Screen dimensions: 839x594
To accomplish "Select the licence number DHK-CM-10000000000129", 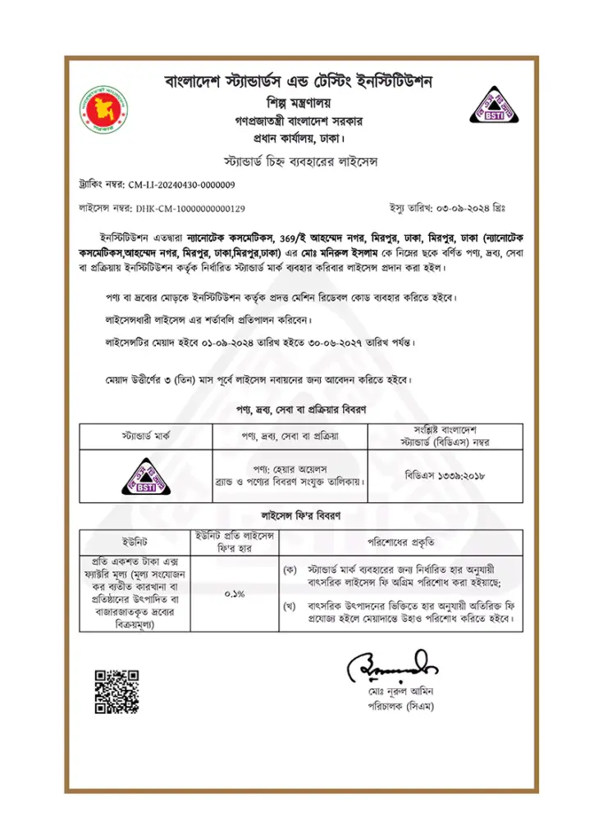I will [190, 209].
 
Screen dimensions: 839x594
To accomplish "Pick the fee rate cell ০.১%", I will [234, 594].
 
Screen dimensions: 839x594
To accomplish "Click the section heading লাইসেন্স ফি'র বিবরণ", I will [297, 518].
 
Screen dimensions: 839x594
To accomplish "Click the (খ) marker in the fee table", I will [289, 607].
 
